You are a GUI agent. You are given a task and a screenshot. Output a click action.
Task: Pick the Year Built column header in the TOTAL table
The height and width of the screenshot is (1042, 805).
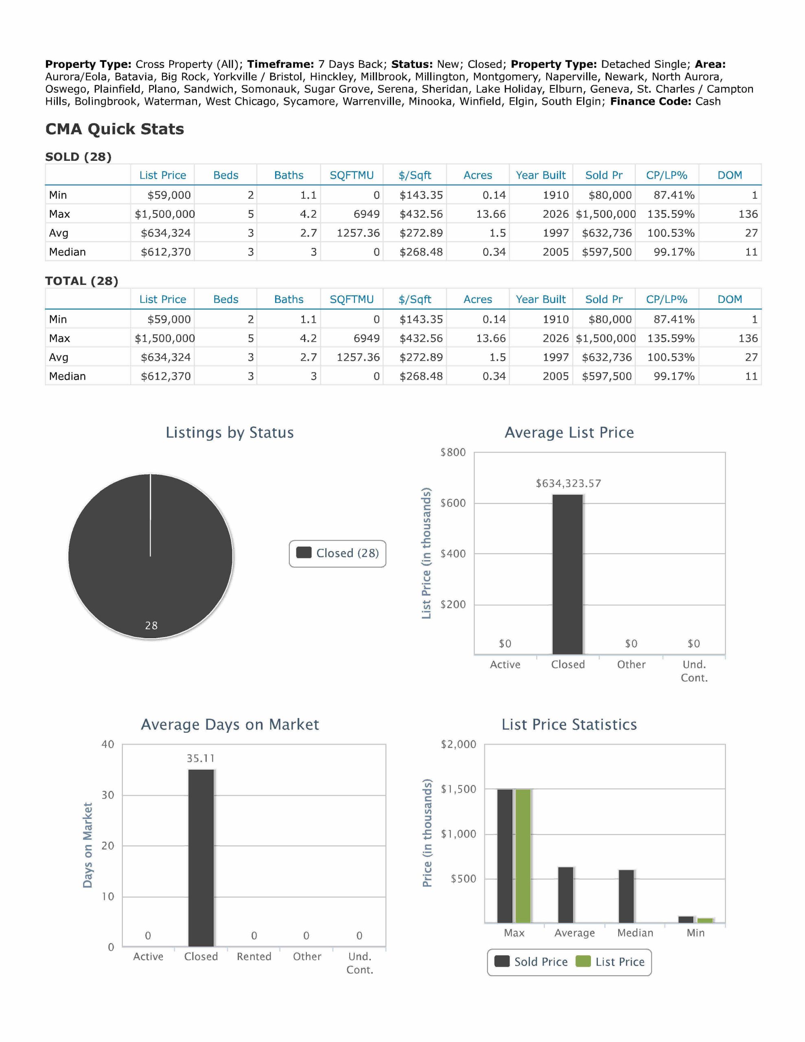tap(540, 300)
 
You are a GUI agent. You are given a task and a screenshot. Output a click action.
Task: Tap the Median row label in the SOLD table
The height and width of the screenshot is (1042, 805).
tap(67, 252)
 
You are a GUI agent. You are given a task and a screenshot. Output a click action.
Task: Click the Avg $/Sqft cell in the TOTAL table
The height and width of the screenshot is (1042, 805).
tap(421, 357)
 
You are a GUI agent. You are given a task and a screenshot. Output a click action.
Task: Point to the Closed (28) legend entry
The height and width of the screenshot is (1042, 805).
tap(337, 554)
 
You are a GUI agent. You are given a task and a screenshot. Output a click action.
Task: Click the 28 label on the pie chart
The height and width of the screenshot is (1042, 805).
tap(151, 626)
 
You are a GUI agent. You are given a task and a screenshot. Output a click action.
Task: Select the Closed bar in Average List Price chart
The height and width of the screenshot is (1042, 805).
tap(568, 574)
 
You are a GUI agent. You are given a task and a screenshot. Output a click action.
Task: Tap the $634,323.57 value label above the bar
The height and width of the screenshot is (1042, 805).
tap(568, 483)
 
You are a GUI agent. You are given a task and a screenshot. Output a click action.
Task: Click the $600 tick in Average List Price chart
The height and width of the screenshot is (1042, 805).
tap(453, 503)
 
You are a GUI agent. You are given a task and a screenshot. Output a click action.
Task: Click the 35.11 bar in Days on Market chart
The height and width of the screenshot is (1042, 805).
tap(201, 858)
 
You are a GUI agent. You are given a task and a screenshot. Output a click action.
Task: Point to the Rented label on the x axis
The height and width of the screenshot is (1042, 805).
tap(254, 957)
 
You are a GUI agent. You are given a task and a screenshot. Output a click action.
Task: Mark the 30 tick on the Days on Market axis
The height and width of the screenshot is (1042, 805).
tap(108, 795)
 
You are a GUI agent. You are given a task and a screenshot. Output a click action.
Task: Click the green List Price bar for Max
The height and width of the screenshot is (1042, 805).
tap(523, 856)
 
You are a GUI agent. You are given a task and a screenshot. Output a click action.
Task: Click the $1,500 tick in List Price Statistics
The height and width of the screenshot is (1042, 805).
tap(459, 789)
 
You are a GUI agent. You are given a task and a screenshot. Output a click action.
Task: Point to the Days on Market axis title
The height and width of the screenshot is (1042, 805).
tap(87, 845)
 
